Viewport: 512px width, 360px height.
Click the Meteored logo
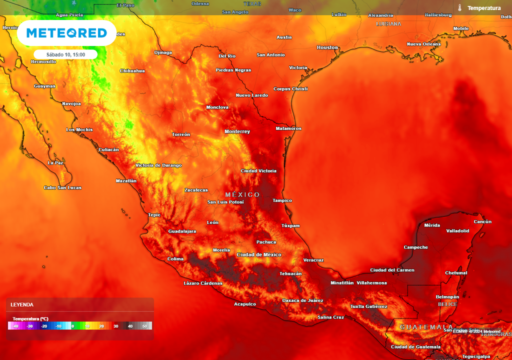pos(66,33)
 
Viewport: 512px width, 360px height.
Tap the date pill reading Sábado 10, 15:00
pos(65,54)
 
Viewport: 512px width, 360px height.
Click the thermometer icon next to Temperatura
pos(459,8)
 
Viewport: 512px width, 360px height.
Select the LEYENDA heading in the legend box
pos(22,304)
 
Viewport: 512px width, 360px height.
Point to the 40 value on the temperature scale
pos(129,326)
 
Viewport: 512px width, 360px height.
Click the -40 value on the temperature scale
pos(15,326)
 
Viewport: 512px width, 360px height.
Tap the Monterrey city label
pos(237,131)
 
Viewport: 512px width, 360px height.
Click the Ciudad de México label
pos(258,254)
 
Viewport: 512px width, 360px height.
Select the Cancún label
pos(482,221)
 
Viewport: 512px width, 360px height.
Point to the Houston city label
pos(327,47)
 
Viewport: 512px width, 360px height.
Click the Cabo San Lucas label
pos(62,187)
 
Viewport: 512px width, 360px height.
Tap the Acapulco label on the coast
pos(245,304)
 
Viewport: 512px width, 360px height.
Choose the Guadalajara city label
pos(182,231)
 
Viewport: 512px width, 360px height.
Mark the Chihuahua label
pos(132,71)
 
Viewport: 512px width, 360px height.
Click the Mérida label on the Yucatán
pos(432,225)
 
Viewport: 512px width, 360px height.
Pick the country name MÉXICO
pos(242,194)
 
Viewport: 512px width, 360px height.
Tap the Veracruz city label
pos(313,260)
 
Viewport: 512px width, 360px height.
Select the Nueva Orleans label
pos(423,44)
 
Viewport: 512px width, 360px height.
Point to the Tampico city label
pos(282,200)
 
